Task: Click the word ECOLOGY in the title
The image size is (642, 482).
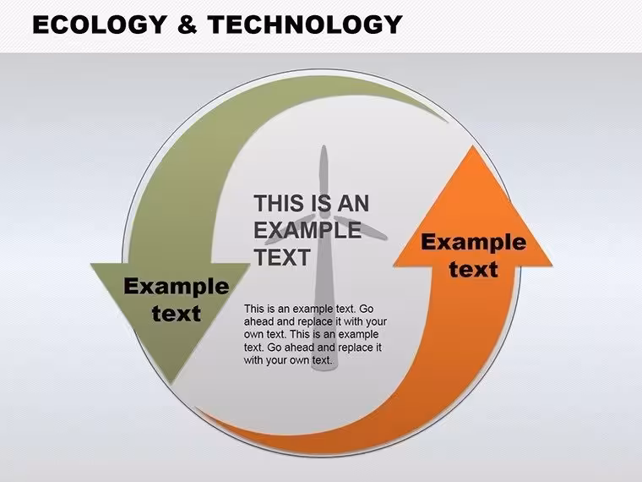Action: coord(99,25)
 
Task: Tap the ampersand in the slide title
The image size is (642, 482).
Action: coord(188,25)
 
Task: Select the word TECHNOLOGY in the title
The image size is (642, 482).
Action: coord(305,25)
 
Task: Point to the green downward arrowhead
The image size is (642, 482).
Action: coord(171,311)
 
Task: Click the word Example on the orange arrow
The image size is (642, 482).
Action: coord(473,242)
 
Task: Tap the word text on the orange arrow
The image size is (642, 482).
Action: coord(473,269)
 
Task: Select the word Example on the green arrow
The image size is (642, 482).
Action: coord(176,286)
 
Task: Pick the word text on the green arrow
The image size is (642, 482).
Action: coord(176,314)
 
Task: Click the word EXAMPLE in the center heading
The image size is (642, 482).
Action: coord(307,230)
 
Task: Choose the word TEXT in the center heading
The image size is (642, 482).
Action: coord(281,257)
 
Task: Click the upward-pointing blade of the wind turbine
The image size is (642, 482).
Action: coord(324,180)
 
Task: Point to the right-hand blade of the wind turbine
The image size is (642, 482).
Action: coord(361,228)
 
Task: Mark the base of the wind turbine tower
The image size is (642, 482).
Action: coord(324,368)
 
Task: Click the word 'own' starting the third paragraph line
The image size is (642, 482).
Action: coord(254,335)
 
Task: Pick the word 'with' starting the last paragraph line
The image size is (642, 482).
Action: coord(253,360)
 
